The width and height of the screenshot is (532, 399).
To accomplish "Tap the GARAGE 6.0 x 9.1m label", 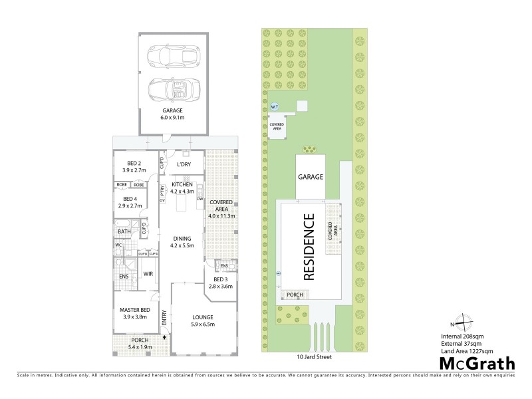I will (172, 114).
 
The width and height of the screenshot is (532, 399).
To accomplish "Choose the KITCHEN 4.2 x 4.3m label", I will (182, 188).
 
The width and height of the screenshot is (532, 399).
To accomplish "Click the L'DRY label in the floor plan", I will (184, 165).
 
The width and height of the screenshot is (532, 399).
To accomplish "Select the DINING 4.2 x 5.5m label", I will (182, 242).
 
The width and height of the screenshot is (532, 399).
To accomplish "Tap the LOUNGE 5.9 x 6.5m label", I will (203, 321).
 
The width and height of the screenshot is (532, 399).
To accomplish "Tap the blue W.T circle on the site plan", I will (273, 106).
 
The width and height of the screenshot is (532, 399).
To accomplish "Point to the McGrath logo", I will (477, 362).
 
